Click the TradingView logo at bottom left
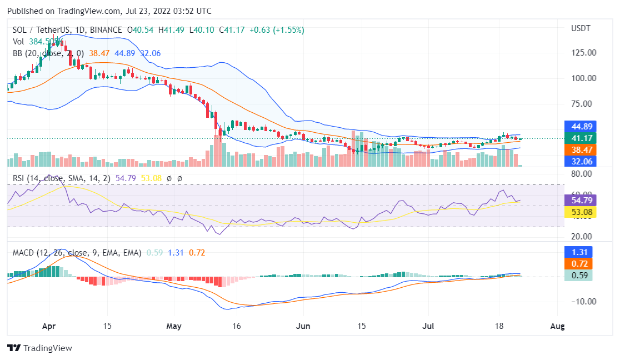(x=39, y=348)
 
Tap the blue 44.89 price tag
(x=578, y=126)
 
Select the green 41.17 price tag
(x=578, y=138)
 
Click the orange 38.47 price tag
(x=578, y=150)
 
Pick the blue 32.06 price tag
(x=578, y=162)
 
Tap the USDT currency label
(x=581, y=28)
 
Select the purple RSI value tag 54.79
(x=578, y=200)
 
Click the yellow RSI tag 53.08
(x=578, y=211)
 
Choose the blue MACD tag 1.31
(x=578, y=252)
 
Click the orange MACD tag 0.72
(x=578, y=263)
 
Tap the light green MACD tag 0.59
(x=578, y=275)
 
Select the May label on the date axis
(x=174, y=326)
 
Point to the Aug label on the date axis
(x=557, y=326)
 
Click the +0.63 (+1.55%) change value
(x=277, y=30)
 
